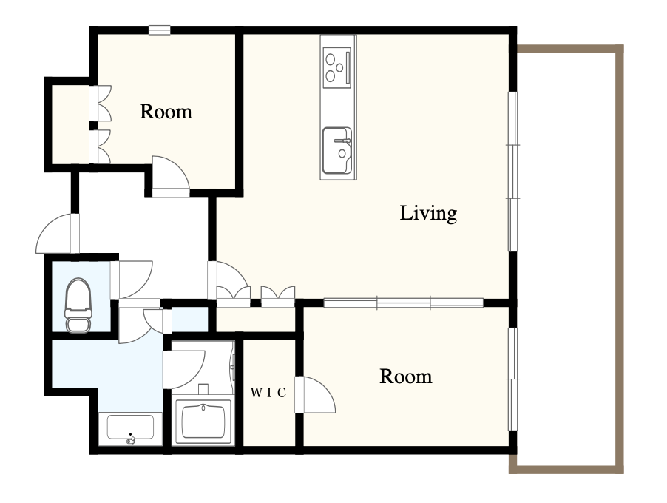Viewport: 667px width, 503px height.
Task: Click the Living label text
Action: coord(428,213)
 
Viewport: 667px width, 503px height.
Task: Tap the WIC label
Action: coord(268,393)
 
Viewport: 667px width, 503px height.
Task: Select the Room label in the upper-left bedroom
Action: coord(166,112)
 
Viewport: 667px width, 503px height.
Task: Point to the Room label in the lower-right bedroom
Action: coord(405,377)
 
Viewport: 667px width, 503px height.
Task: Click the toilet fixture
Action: coord(78,305)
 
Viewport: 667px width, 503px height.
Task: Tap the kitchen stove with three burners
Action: coord(337,67)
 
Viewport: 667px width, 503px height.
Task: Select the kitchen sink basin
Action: coord(337,151)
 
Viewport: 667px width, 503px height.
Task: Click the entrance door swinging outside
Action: coord(58,233)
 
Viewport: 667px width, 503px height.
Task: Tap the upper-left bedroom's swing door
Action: coord(170,177)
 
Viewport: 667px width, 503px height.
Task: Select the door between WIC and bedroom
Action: coord(315,395)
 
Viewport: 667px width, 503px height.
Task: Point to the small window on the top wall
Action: coord(160,30)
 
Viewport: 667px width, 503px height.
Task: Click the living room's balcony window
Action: coord(513,172)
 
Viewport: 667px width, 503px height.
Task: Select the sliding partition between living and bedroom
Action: coord(403,303)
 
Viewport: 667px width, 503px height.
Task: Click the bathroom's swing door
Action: coord(185,369)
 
